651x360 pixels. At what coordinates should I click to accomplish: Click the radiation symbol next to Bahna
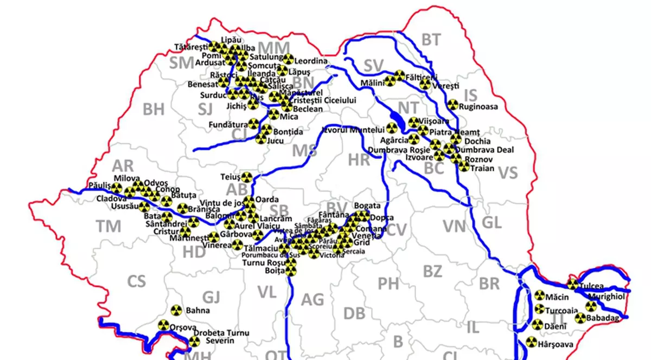[x=175, y=311]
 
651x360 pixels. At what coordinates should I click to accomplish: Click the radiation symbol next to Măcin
[x=539, y=296]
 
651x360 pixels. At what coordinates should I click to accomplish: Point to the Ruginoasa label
[x=478, y=107]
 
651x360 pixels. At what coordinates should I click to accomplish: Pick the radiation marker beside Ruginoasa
[x=452, y=105]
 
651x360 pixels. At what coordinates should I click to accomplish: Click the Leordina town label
[x=312, y=61]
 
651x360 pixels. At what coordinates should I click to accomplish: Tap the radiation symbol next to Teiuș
[x=246, y=177]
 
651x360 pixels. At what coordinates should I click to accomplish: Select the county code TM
[x=108, y=227]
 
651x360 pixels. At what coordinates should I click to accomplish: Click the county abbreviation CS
[x=136, y=281]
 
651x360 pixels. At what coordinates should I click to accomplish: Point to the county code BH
[x=154, y=110]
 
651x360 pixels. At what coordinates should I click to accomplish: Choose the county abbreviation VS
[x=508, y=173]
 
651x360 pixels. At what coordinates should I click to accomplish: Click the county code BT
[x=431, y=39]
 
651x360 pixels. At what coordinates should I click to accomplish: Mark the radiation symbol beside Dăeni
[x=537, y=325]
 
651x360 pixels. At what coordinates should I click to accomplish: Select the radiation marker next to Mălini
[x=390, y=82]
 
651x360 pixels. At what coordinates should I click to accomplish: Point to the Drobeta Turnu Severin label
[x=222, y=337]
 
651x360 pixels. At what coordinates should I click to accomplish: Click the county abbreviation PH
[x=388, y=282]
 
